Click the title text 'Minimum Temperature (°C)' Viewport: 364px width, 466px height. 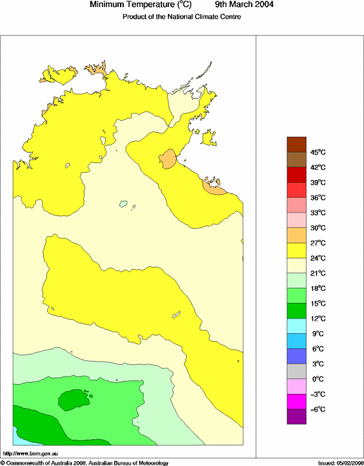pyautogui.click(x=140, y=5)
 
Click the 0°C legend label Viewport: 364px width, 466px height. pyautogui.click(x=317, y=378)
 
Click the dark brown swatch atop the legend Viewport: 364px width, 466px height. pyautogui.click(x=296, y=144)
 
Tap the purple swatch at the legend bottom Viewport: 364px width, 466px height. pyautogui.click(x=296, y=417)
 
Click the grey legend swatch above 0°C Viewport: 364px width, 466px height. pyautogui.click(x=296, y=371)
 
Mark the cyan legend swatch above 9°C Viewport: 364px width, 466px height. pyautogui.click(x=296, y=325)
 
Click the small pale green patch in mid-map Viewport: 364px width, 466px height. pyautogui.click(x=123, y=205)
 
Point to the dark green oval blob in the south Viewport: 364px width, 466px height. pyautogui.click(x=74, y=401)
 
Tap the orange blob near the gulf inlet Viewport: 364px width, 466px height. pyautogui.click(x=168, y=158)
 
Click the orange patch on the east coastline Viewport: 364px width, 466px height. pyautogui.click(x=213, y=187)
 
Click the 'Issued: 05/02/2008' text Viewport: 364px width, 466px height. pyautogui.click(x=339, y=462)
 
